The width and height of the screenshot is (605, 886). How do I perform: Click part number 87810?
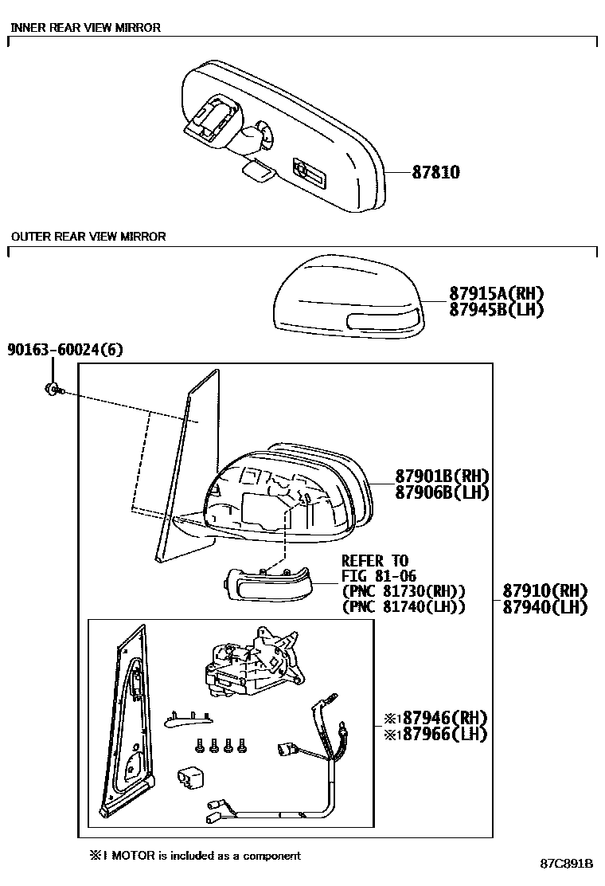click(435, 172)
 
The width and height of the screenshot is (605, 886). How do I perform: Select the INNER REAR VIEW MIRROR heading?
click(85, 28)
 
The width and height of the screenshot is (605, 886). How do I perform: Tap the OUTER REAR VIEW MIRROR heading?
click(88, 237)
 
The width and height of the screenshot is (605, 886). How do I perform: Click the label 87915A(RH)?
click(485, 294)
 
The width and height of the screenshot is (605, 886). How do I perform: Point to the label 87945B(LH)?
click(485, 310)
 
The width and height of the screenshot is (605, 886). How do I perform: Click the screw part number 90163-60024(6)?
click(65, 350)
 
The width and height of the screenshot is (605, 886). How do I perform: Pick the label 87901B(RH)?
click(442, 476)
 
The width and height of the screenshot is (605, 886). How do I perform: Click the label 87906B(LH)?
click(442, 492)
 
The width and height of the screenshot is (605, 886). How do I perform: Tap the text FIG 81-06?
click(378, 576)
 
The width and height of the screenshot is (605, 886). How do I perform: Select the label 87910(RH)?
click(544, 591)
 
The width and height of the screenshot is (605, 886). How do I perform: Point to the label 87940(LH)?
click(544, 607)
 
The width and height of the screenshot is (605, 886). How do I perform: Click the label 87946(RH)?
click(440, 717)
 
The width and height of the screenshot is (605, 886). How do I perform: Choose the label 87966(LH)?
click(440, 733)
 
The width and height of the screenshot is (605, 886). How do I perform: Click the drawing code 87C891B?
click(567, 864)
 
